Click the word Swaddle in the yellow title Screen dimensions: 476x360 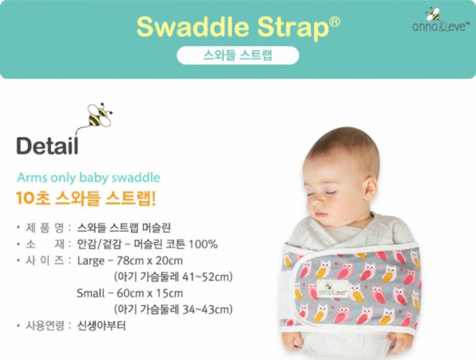click(193, 27)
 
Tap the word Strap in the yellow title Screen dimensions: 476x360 click(293, 28)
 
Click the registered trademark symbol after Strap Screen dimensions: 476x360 click(334, 21)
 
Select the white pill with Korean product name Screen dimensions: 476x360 click(237, 55)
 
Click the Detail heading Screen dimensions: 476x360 click(48, 146)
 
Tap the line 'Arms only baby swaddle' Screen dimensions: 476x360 click(89, 177)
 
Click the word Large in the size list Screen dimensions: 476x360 click(91, 261)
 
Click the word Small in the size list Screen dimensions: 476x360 click(90, 293)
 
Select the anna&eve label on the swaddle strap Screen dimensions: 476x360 click(333, 289)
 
